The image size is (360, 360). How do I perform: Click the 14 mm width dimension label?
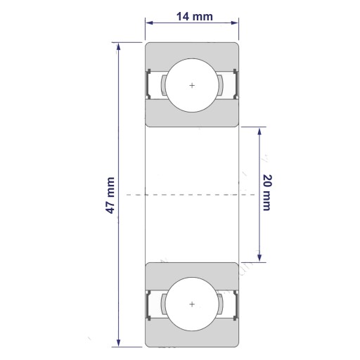[x=195, y=17]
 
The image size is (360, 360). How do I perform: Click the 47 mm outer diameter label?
[x=110, y=195]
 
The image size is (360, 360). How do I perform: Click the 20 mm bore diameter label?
[x=267, y=193]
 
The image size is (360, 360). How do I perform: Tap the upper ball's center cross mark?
[x=192, y=85]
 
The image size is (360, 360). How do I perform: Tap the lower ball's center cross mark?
[x=192, y=304]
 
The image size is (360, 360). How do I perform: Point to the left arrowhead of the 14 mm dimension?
[x=149, y=22]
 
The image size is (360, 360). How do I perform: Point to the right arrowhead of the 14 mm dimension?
[x=235, y=22]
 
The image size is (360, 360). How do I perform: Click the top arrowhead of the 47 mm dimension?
[x=118, y=46]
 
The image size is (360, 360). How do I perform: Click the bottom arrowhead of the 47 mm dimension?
[x=118, y=342]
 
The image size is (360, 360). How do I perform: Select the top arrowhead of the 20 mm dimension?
[x=259, y=131]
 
